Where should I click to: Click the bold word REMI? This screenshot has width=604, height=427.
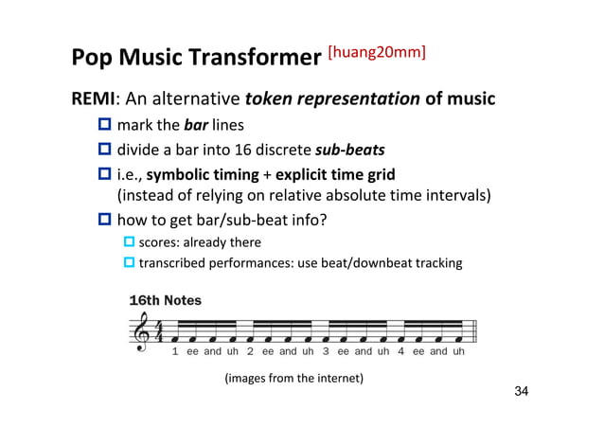(93, 99)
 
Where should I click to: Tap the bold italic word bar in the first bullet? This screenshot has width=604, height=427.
(196, 125)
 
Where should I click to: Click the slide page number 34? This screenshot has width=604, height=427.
(515, 392)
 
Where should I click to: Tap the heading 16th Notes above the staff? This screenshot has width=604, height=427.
(165, 300)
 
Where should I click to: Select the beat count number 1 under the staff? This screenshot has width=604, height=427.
(175, 351)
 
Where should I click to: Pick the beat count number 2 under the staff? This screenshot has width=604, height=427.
(250, 351)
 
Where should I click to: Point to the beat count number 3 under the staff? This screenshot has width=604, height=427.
(326, 351)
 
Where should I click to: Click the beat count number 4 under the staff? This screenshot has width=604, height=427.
(401, 351)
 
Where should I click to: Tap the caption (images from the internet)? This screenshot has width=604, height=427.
(293, 379)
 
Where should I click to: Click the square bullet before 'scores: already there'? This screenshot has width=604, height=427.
(131, 243)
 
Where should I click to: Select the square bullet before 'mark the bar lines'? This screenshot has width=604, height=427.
(104, 125)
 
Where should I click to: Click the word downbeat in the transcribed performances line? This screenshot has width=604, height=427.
(379, 262)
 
